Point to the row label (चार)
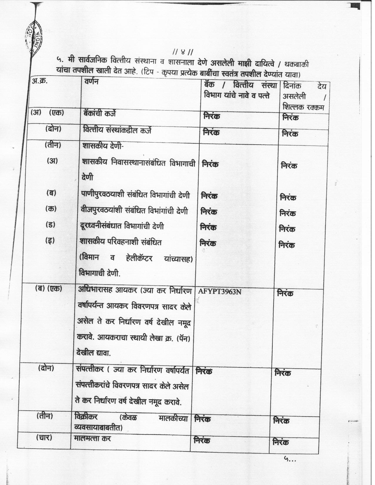[x=44, y=437]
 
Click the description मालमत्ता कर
[x=93, y=438]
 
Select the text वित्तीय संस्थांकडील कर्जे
[x=117, y=130]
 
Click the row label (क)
[x=51, y=209]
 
